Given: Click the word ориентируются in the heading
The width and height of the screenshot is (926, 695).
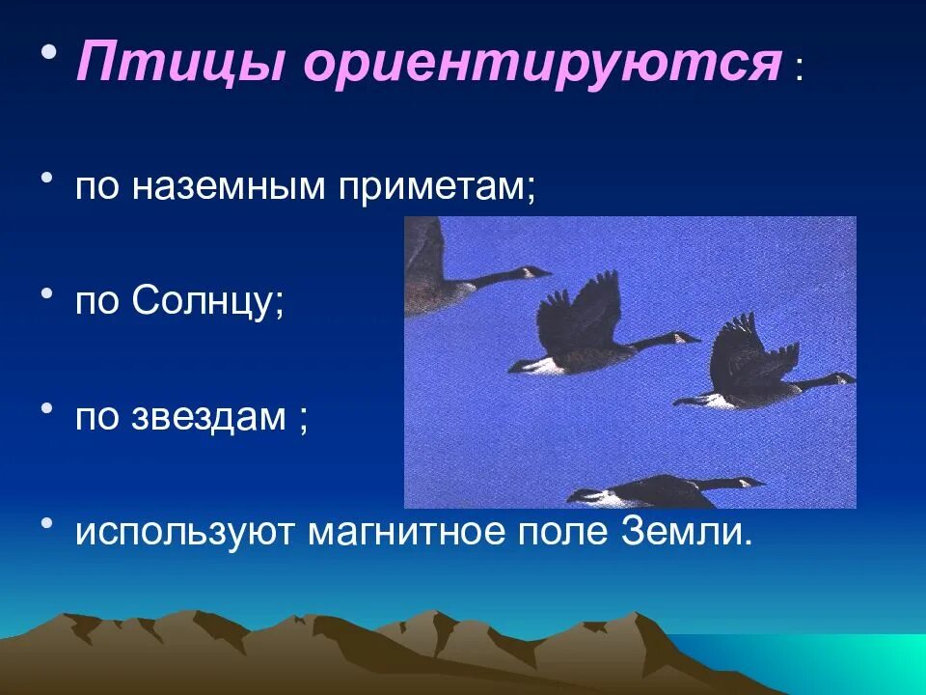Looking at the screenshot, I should [x=541, y=66].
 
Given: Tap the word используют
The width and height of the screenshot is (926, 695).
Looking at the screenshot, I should [x=187, y=532].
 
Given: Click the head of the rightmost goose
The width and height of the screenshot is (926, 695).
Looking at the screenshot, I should [x=843, y=377].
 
